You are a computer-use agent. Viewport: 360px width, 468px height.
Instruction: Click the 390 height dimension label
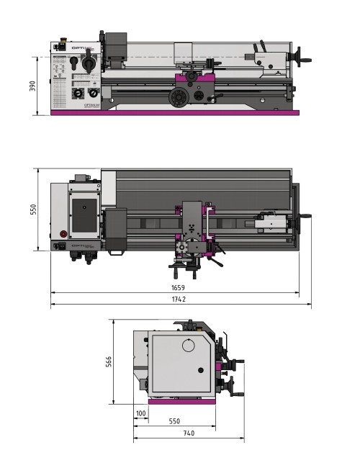click(32, 86)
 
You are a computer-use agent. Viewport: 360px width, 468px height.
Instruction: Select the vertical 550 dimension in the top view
click(32, 210)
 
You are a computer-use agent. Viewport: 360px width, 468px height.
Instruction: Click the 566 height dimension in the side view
click(109, 362)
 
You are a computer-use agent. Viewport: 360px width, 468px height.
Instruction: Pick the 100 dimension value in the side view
click(140, 413)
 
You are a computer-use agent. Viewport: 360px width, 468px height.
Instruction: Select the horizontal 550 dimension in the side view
click(174, 421)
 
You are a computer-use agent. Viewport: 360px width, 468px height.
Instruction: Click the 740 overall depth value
click(188, 433)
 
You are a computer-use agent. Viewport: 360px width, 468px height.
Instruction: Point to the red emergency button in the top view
click(63, 234)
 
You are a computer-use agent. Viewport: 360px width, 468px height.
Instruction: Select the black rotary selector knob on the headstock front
click(90, 65)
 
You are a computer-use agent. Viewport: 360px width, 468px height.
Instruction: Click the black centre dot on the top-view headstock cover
click(85, 207)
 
